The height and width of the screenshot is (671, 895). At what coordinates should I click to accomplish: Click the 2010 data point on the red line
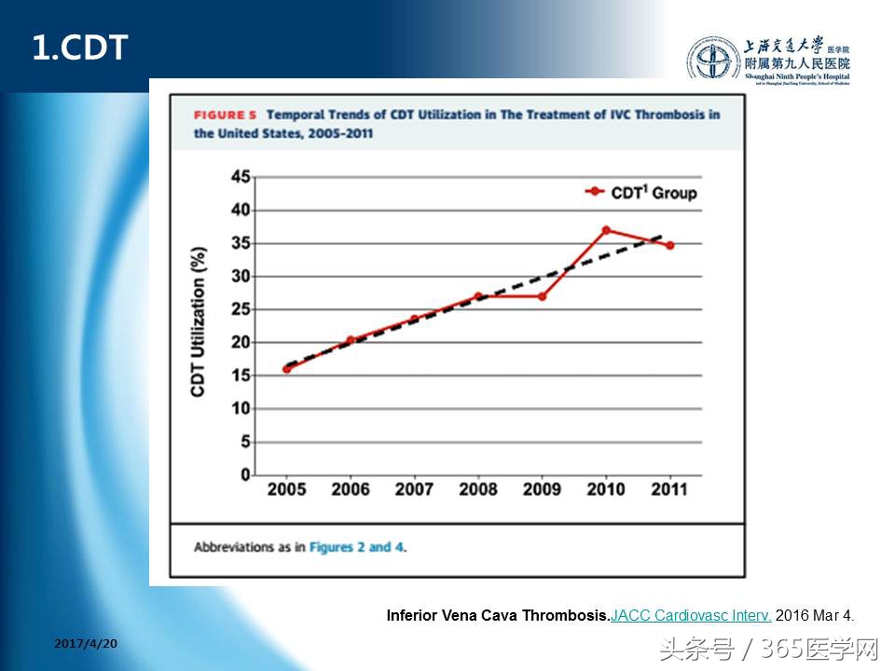tap(606, 229)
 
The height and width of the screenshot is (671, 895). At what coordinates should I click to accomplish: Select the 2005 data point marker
tap(286, 369)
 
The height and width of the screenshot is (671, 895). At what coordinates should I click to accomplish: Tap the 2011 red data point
tap(669, 245)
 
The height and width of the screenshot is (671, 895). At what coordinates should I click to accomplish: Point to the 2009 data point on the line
tap(542, 296)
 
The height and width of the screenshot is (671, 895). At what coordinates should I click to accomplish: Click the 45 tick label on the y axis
tap(241, 177)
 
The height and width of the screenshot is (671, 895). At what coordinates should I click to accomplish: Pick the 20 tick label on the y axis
tap(241, 342)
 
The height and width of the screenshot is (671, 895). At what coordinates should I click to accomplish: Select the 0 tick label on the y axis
tap(246, 474)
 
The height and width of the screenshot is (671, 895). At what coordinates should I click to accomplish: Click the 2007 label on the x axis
tap(414, 490)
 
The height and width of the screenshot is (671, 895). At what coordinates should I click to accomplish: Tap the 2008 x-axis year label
tap(477, 490)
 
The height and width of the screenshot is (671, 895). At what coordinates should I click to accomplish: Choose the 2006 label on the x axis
tap(350, 490)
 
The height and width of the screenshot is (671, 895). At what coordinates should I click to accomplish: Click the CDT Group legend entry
tap(641, 193)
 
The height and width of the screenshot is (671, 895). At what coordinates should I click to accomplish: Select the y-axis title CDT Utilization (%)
tap(198, 322)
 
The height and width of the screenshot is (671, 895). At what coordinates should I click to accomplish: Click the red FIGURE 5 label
tap(225, 116)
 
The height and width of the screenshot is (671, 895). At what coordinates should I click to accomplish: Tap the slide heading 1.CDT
tap(79, 48)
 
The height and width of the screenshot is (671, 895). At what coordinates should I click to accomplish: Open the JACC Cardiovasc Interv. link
tap(691, 615)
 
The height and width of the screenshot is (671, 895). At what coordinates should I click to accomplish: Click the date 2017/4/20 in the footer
tap(87, 644)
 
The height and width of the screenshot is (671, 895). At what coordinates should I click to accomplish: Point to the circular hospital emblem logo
tap(713, 59)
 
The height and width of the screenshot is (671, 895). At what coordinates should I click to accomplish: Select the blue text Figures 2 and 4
tap(358, 547)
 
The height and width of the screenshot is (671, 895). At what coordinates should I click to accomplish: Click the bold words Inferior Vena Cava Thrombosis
tap(498, 615)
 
